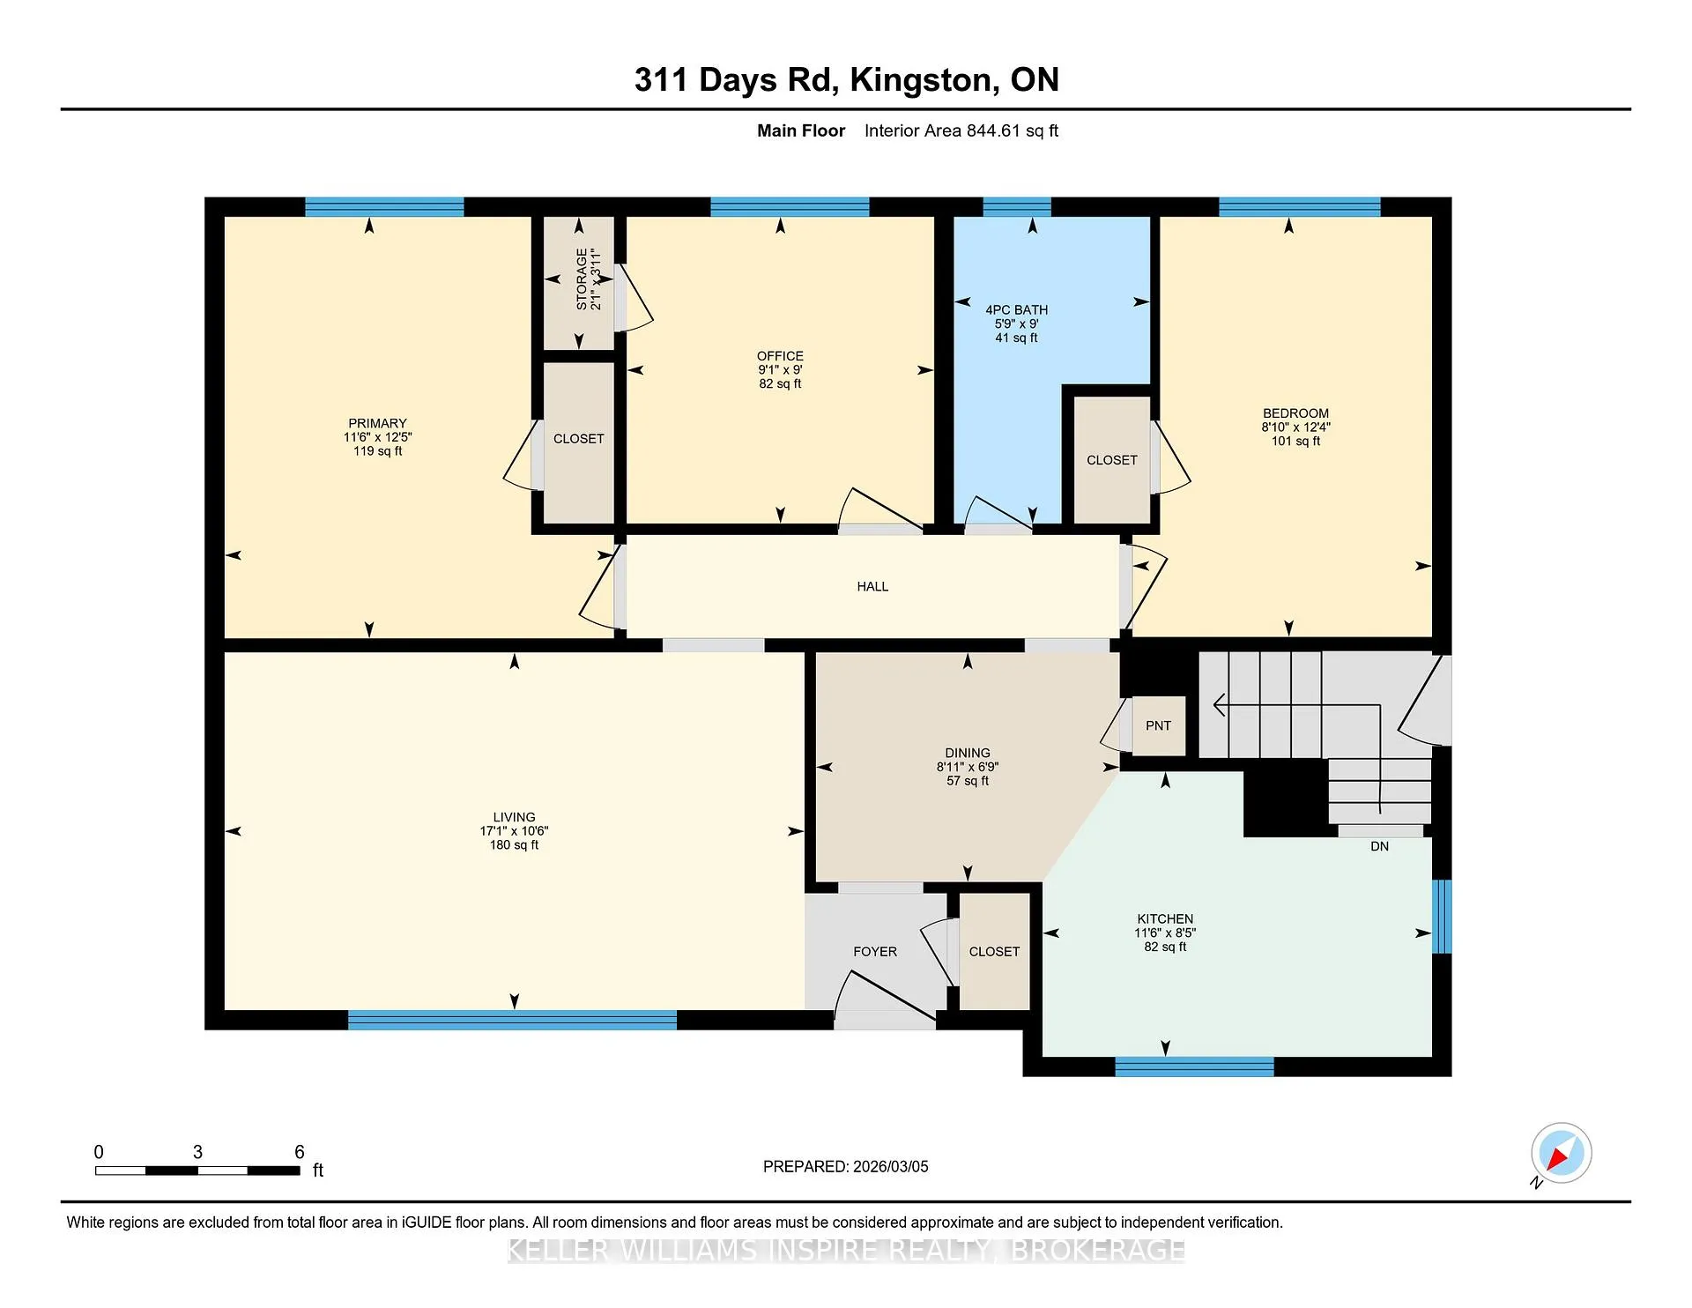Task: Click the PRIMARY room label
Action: [377, 423]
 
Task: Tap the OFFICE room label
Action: [780, 356]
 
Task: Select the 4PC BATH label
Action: [1016, 309]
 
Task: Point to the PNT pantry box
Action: [1158, 725]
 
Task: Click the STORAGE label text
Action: [582, 279]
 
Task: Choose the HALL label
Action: [872, 586]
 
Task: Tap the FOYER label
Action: [875, 952]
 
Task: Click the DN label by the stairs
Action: [1379, 846]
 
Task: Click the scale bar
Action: [197, 1171]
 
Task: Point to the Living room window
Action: [512, 1020]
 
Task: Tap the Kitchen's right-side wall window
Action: [1442, 917]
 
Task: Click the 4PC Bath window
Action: [1017, 207]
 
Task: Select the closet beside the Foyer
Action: [994, 952]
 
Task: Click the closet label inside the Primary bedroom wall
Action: [578, 439]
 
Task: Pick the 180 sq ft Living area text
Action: [514, 844]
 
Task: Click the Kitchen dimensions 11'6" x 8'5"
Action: [1165, 933]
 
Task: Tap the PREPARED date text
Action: [846, 1166]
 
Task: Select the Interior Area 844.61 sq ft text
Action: [961, 130]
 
